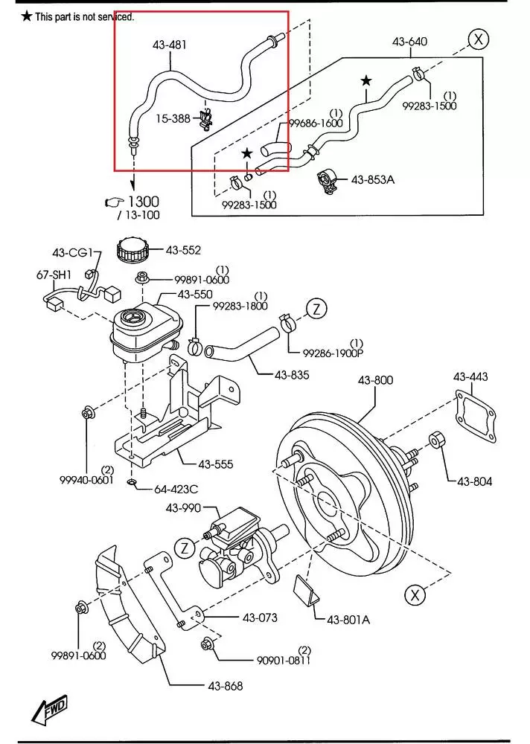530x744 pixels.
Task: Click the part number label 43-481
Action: [170, 45]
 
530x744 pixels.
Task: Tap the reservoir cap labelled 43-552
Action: [132, 250]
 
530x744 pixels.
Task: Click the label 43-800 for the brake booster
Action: [376, 380]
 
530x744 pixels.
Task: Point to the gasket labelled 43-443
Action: [476, 416]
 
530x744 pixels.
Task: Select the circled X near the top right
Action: [478, 39]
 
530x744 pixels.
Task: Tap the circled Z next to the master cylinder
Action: [185, 548]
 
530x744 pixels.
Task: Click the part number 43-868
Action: [225, 686]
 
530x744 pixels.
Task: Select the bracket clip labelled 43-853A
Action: [328, 182]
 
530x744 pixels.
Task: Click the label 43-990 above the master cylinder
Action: [183, 508]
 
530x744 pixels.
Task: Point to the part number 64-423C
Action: [176, 489]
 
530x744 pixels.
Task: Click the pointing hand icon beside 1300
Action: [114, 202]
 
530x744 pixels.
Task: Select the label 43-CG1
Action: [72, 252]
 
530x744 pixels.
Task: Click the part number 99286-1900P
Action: [334, 353]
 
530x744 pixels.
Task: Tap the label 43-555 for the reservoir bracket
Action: [216, 464]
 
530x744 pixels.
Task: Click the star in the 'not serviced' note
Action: [27, 16]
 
